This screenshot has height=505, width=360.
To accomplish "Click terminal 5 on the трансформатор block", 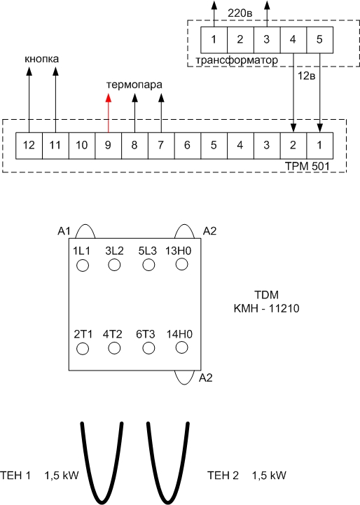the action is (319, 40).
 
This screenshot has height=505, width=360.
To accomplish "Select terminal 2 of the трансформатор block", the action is (240, 40).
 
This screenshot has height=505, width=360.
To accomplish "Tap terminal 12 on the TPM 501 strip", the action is (29, 145).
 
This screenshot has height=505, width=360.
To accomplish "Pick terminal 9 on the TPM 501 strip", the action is (108, 145).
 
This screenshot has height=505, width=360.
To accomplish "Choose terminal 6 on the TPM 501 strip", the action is (188, 145).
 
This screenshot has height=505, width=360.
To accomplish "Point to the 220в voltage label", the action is (240, 13).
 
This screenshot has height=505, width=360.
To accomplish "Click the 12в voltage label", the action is (306, 76).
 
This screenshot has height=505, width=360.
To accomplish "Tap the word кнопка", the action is (42, 59).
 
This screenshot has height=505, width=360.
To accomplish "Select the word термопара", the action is (134, 85).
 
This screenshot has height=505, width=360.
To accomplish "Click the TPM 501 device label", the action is (307, 166).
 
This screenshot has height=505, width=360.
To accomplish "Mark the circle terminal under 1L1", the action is (83, 265).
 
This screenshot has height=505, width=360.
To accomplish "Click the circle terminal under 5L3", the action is (148, 265).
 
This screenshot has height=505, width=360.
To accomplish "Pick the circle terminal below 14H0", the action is (182, 347).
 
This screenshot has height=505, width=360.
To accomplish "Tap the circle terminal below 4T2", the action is (114, 348).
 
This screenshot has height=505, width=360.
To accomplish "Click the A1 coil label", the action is (64, 231).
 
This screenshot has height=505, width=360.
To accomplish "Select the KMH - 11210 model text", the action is (266, 308).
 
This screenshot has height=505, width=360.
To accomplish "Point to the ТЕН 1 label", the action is (15, 476).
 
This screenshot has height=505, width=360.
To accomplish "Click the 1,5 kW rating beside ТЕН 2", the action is (269, 476).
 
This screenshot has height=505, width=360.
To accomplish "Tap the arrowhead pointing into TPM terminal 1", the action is (319, 128).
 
